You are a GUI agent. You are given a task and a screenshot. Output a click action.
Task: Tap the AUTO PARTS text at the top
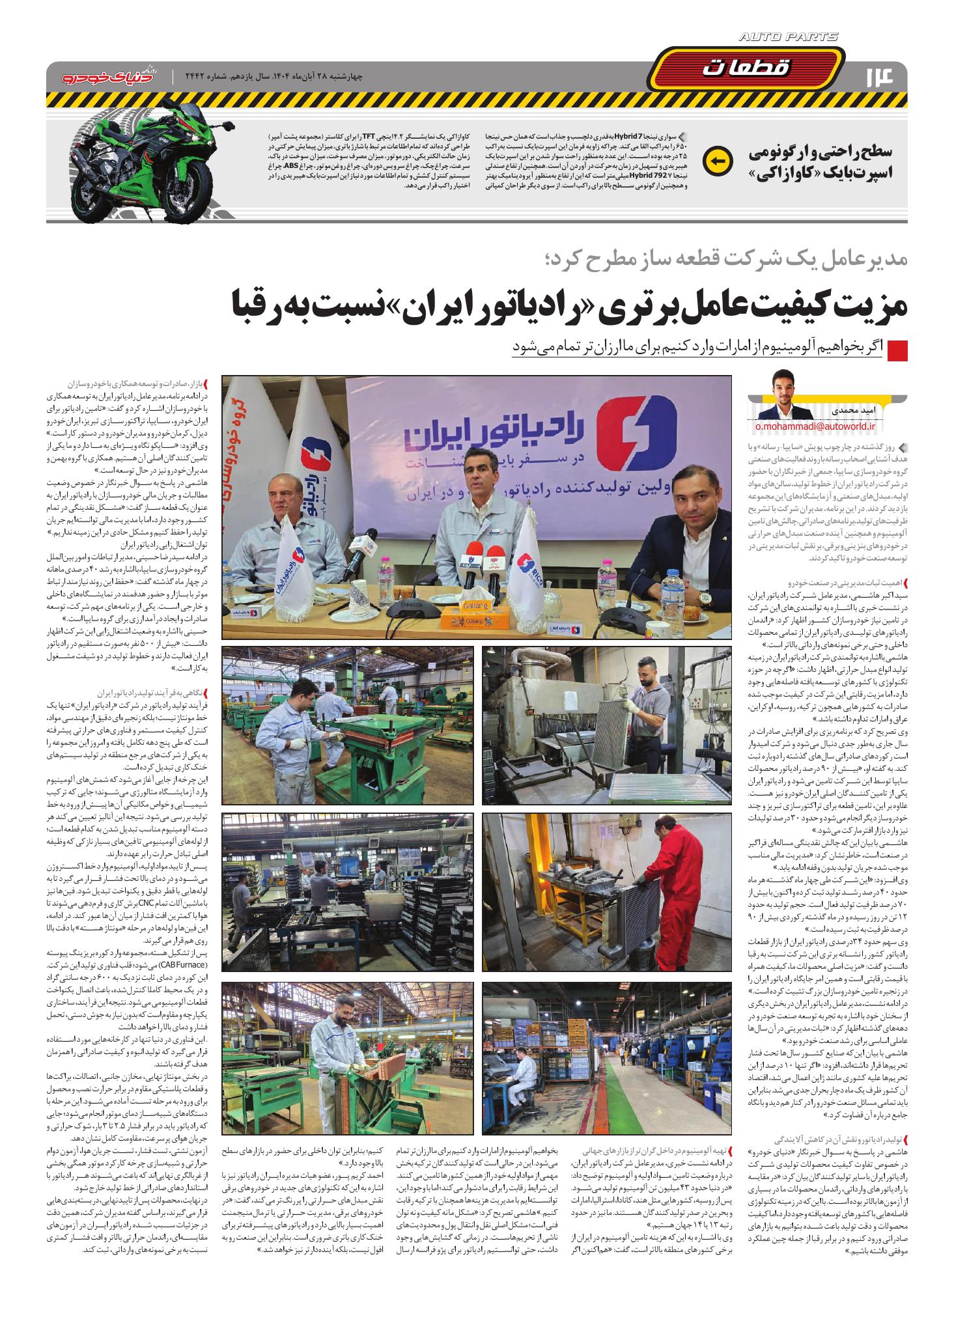pyautogui.click(x=789, y=39)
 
